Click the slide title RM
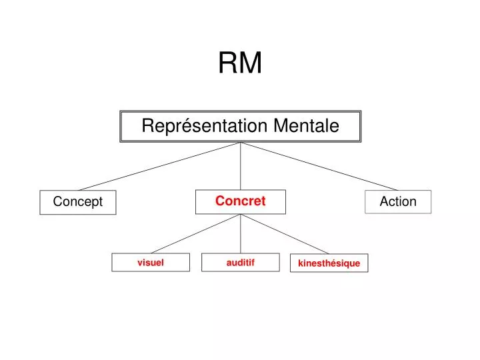240,63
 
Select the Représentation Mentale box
240,126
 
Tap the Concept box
78,202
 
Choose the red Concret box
240,201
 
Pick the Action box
398,201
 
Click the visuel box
151,263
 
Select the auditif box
241,263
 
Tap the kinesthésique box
329,263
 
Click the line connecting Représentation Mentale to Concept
160,166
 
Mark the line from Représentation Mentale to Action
320,166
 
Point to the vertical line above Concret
241,167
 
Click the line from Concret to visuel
195,234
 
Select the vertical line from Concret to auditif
241,235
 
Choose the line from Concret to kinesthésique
285,234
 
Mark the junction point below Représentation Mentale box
241,143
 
